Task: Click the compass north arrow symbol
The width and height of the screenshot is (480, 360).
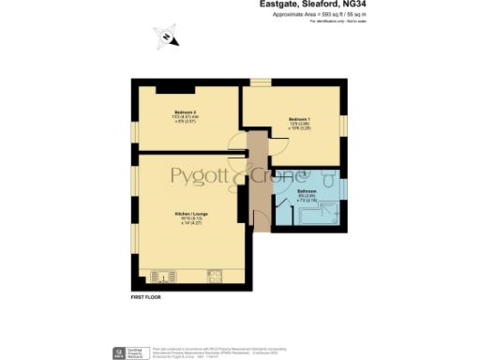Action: [x=166, y=38]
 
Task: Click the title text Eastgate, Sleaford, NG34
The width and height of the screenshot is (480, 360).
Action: [x=306, y=5]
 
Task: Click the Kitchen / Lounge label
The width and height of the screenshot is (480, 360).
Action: [x=189, y=215]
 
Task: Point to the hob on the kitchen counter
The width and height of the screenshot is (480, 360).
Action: [x=217, y=277]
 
